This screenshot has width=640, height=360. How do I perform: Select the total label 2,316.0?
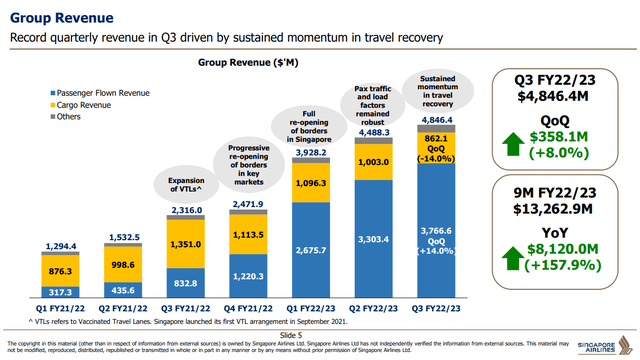pos(187,210)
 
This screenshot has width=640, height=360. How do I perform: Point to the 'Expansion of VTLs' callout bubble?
pos(187,186)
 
